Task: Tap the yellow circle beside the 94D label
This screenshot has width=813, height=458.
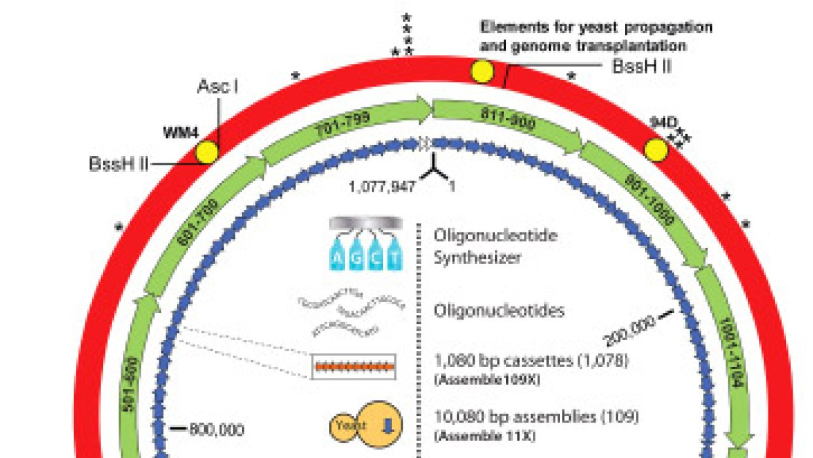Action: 656,150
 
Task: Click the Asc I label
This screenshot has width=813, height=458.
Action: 217,87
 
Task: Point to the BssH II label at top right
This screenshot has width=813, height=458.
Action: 642,66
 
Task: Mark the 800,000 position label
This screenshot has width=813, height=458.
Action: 216,430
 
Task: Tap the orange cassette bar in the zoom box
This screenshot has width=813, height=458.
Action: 353,367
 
